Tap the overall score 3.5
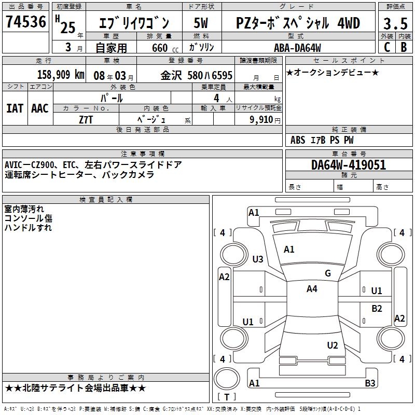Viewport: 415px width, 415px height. tap(395, 24)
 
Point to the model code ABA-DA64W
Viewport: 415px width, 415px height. tap(297, 48)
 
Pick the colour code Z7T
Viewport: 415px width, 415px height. tap(86, 119)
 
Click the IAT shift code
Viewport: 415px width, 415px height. tap(15, 108)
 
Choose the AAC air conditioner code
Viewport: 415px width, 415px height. tap(40, 108)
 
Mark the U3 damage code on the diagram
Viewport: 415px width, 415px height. tap(258, 259)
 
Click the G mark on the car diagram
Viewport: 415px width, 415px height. tap(328, 273)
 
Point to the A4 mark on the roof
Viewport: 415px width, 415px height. tap(312, 289)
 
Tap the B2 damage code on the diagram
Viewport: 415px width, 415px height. tap(377, 308)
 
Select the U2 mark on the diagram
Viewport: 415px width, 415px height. tap(333, 345)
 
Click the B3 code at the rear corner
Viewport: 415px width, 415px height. tap(370, 383)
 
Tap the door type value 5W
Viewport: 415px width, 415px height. tap(201, 23)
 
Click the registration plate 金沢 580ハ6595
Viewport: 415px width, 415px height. tap(197, 75)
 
